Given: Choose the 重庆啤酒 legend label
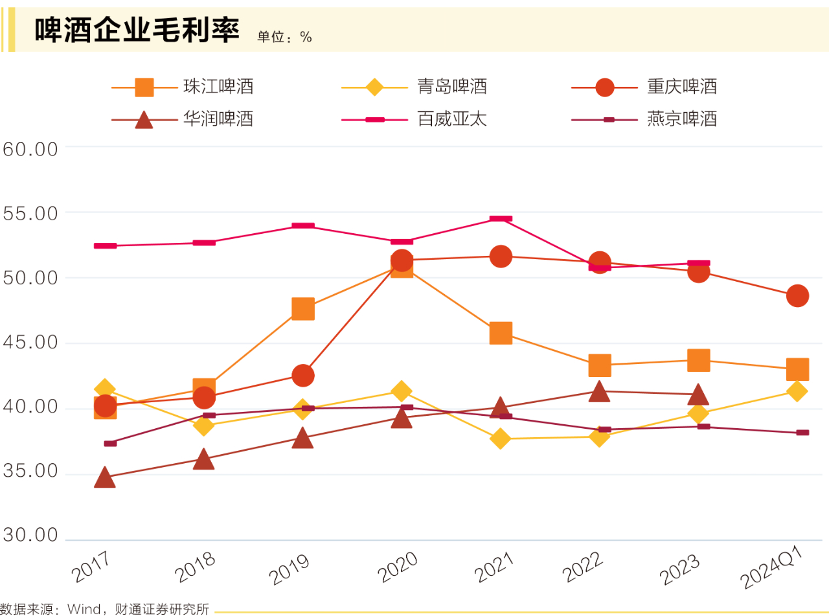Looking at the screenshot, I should point(681,87).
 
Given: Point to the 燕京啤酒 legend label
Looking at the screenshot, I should point(681,119).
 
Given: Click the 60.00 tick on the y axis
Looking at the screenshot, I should point(30,149).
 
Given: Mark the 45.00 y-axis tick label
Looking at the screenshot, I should point(30,343).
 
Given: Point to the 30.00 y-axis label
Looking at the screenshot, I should point(30,536).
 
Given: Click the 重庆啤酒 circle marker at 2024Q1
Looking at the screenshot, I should point(797,296).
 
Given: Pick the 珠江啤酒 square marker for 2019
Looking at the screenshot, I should point(303,309).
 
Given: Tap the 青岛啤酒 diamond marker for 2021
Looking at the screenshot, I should point(500,439).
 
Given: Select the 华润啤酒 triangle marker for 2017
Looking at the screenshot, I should point(105,479).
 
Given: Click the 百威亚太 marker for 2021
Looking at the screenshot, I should point(501,219).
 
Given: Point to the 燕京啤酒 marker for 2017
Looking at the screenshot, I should point(110,443).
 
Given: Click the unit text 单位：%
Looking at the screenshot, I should point(284,38).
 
